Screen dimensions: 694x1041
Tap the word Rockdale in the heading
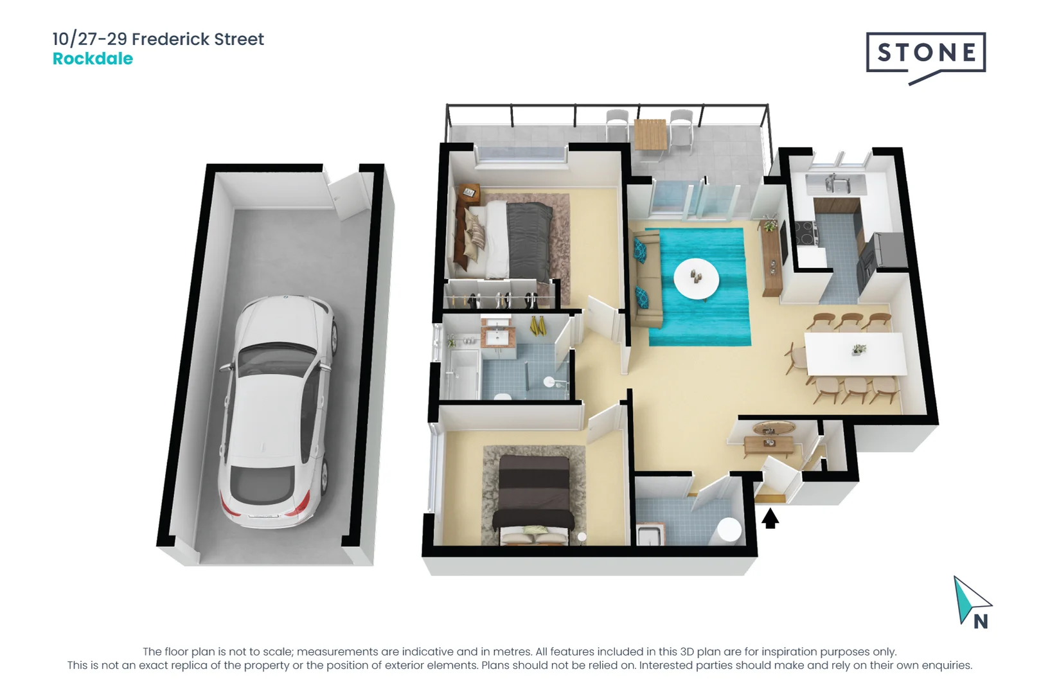(93, 58)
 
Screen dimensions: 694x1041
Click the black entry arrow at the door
(770, 518)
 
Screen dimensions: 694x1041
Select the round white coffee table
(696, 278)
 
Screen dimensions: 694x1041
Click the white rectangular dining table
(855, 353)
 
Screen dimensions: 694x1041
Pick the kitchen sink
(835, 184)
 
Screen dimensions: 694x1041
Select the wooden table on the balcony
(650, 134)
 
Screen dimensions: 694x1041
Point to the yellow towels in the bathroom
(537, 326)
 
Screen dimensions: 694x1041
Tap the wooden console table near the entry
(769, 443)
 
